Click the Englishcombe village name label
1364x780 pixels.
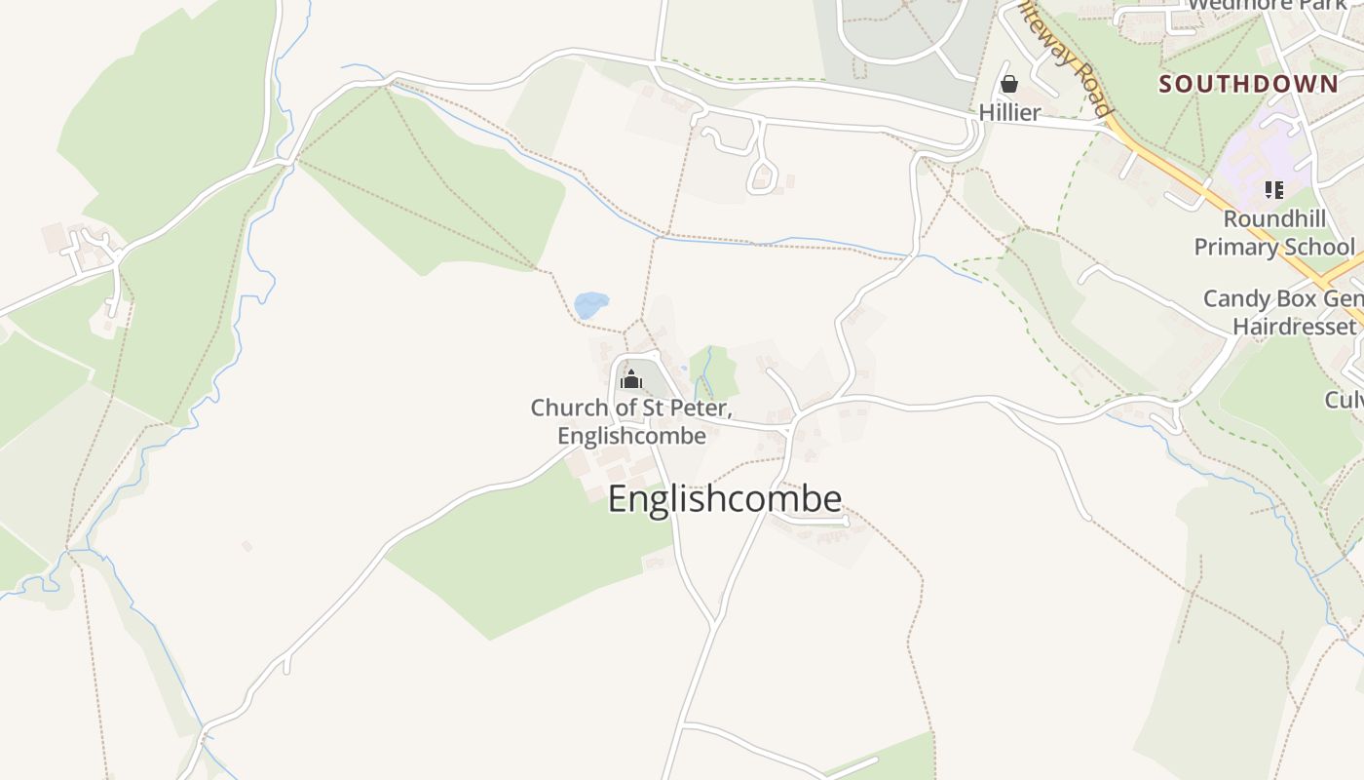[x=725, y=498]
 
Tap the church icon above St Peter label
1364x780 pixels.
[x=631, y=378]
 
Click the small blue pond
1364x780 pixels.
[x=590, y=305]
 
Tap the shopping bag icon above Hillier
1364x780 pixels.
[x=1009, y=84]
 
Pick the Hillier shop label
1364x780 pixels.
[x=1009, y=112]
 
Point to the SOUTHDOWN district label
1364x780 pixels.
[x=1248, y=84]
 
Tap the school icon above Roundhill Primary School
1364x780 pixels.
[x=1273, y=189]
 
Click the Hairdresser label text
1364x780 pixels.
[x=1294, y=326]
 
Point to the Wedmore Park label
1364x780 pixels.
[x=1267, y=5]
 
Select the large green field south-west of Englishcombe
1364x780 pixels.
[x=526, y=556]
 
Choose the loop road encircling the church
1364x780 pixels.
[x=614, y=390]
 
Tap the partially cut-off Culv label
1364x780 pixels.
[x=1344, y=399]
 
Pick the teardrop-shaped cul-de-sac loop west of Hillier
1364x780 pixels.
[x=762, y=176]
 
